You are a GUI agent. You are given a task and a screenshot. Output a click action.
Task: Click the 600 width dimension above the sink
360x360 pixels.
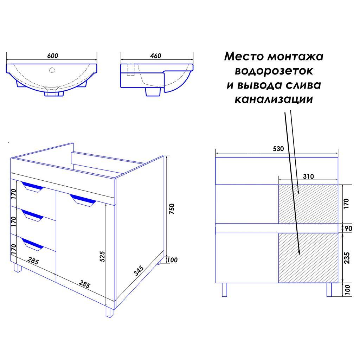(x=53, y=56)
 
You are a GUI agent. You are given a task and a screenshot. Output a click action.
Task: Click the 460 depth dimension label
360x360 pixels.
(x=156, y=56)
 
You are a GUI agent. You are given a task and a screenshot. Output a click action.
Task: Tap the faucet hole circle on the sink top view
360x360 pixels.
(x=52, y=70)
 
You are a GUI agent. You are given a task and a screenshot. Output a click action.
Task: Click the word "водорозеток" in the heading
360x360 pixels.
(x=274, y=71)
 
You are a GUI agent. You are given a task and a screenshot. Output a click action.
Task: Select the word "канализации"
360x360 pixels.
(x=274, y=99)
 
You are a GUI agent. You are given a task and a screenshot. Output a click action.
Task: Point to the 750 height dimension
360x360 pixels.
(x=172, y=209)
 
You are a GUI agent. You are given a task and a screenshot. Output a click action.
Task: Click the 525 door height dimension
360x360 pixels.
(x=102, y=256)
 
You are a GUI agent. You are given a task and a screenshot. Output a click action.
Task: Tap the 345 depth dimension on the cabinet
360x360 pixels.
(x=139, y=270)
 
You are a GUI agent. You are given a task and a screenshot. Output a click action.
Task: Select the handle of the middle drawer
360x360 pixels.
(x=32, y=216)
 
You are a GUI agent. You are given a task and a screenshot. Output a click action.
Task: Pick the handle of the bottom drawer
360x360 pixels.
(x=32, y=244)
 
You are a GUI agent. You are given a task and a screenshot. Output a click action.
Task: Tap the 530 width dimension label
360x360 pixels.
(x=278, y=149)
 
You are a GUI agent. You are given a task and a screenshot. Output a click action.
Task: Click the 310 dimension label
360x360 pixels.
(x=308, y=176)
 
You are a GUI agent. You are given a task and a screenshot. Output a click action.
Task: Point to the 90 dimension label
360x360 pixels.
(x=348, y=229)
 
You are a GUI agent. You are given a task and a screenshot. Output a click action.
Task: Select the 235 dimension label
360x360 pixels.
(x=347, y=258)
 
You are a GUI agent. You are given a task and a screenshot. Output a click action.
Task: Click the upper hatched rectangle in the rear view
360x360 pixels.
(x=308, y=204)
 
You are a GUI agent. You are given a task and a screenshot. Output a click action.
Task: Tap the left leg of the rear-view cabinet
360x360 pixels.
(x=224, y=290)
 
